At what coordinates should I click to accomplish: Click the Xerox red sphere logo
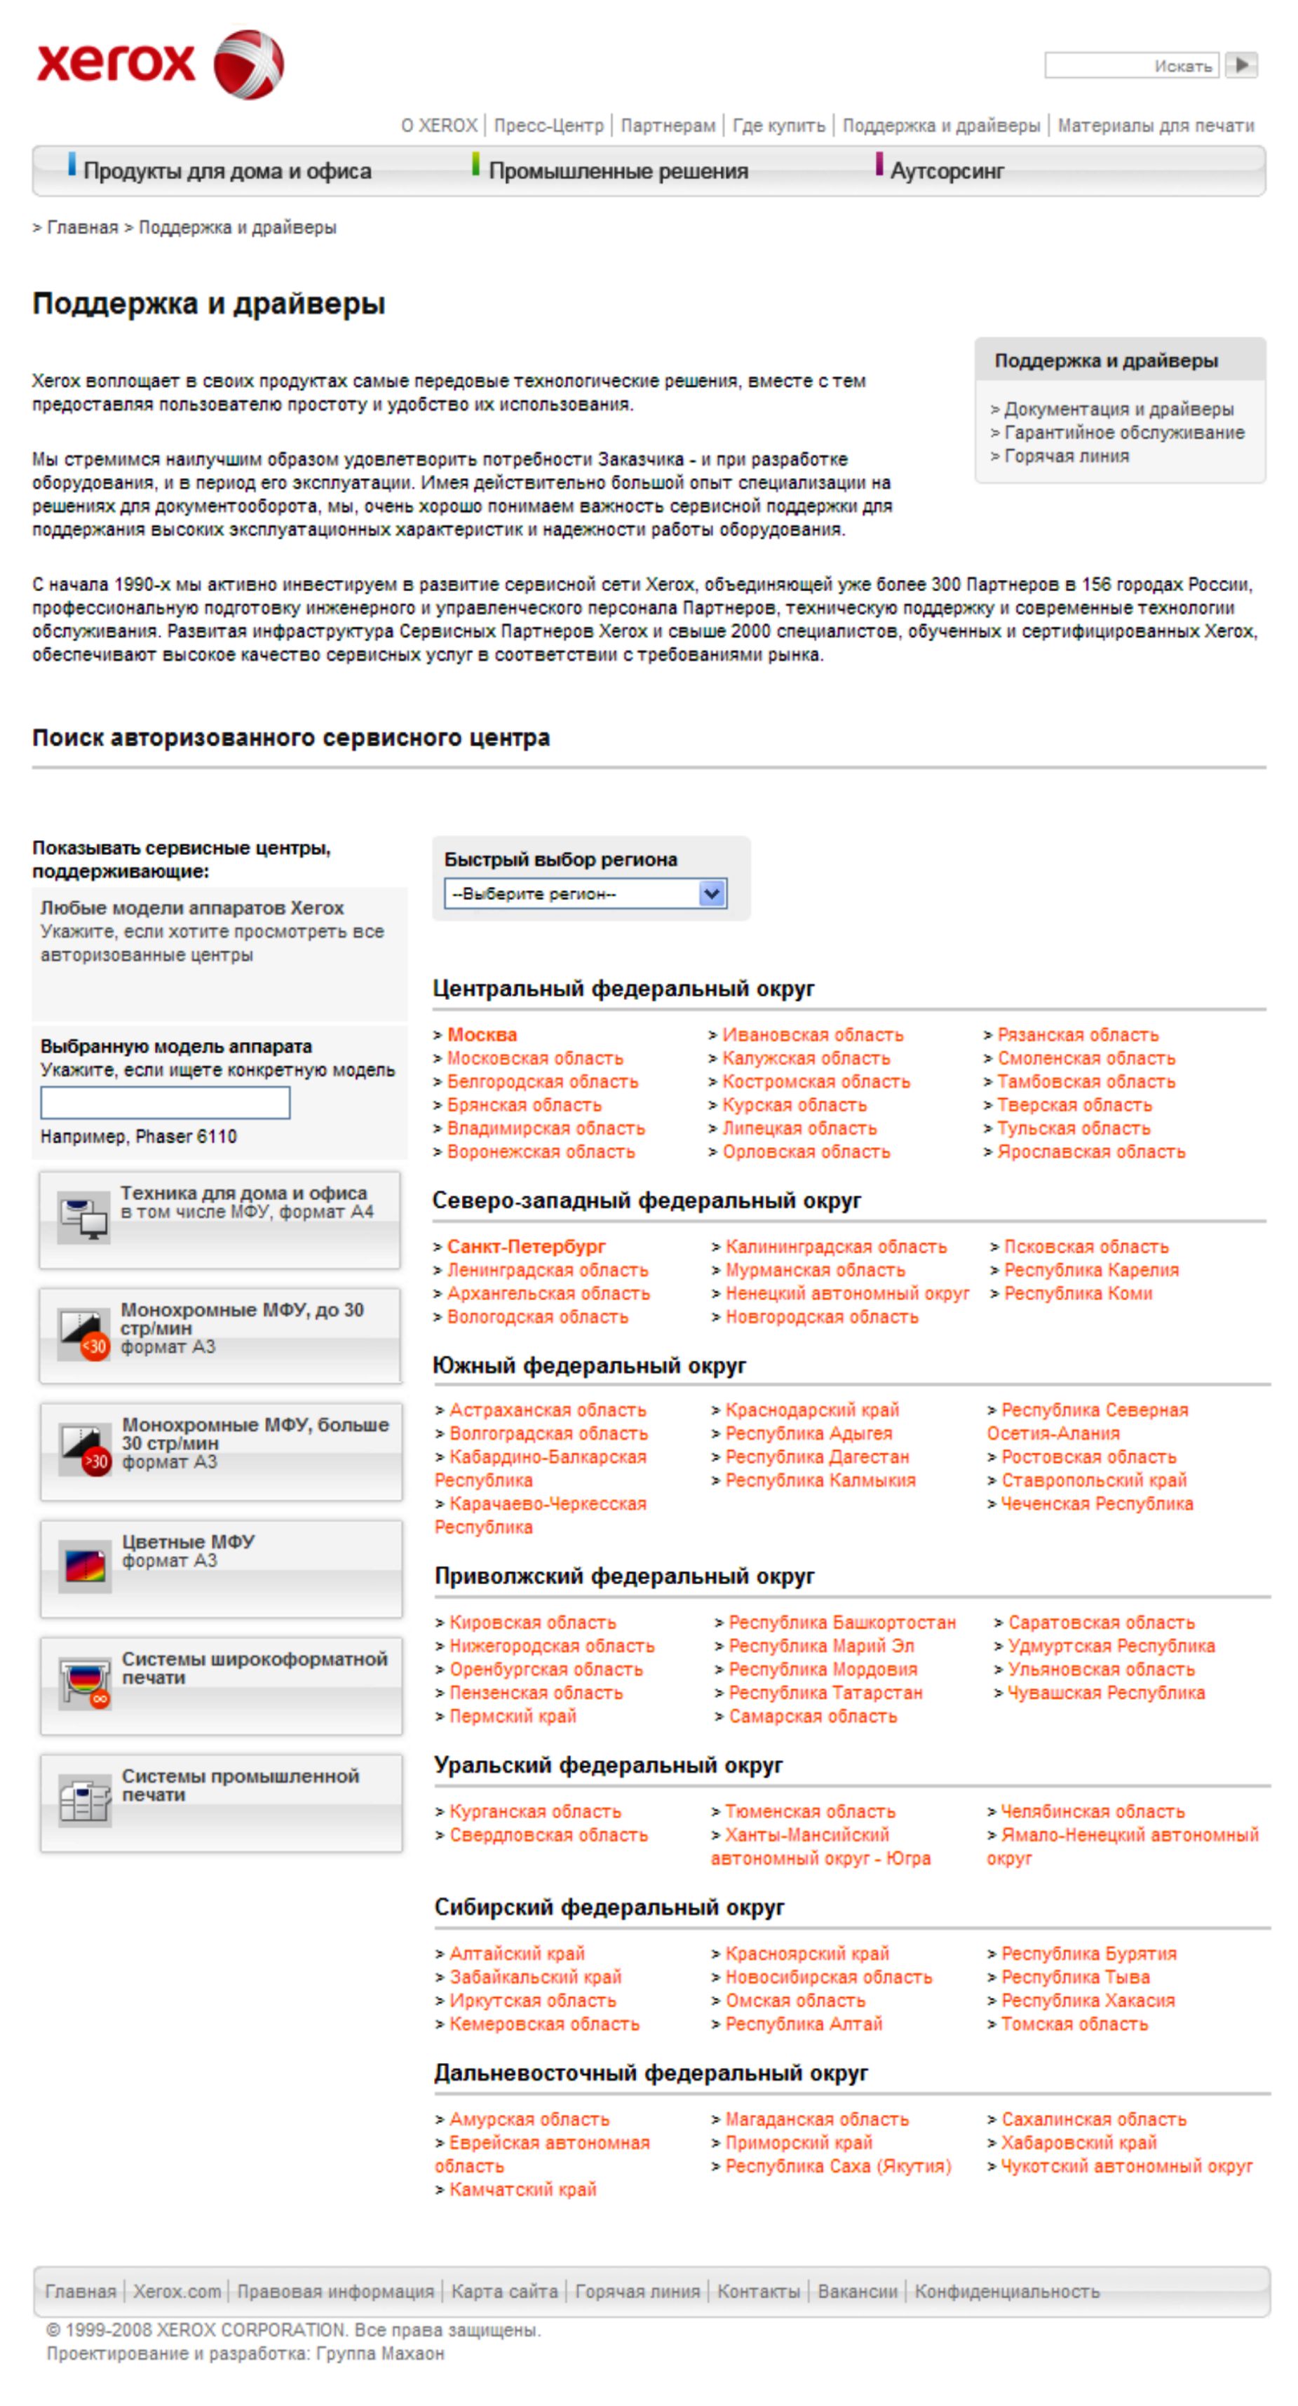click(248, 64)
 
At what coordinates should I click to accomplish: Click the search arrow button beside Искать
click(1241, 65)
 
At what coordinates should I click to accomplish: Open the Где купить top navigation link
click(779, 125)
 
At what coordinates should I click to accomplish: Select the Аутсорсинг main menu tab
click(946, 171)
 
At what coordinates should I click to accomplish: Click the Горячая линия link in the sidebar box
click(1065, 456)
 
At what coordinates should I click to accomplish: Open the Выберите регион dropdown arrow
click(712, 894)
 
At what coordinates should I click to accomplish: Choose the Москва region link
click(482, 1035)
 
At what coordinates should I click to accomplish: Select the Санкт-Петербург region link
click(526, 1247)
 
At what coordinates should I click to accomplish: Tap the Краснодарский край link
click(811, 1410)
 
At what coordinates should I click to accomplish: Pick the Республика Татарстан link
click(825, 1692)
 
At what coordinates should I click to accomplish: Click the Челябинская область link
click(1092, 1811)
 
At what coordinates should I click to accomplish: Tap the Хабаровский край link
click(1078, 2142)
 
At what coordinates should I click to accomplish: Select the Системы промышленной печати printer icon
click(85, 1798)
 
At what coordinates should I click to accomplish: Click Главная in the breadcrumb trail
click(82, 228)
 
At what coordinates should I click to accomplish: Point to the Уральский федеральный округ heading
click(608, 1765)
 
